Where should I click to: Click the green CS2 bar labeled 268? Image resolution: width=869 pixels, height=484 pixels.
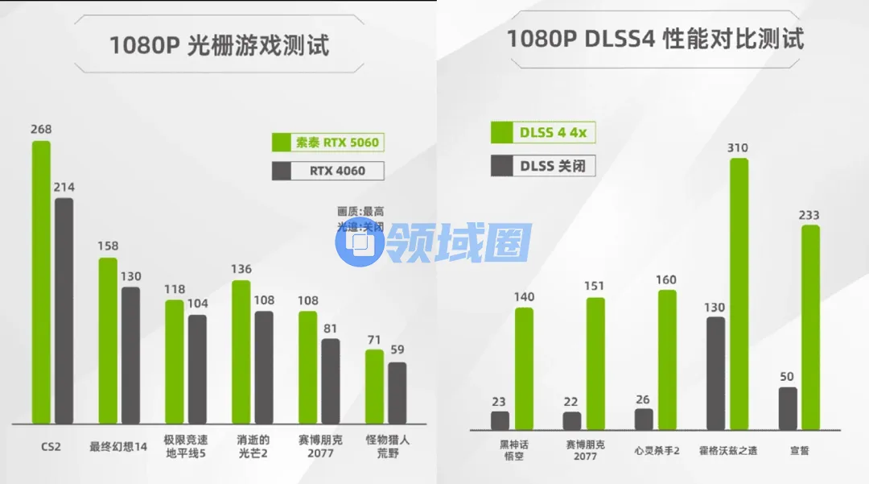pyautogui.click(x=41, y=282)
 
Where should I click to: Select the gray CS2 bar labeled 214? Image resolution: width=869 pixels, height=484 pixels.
pyautogui.click(x=64, y=311)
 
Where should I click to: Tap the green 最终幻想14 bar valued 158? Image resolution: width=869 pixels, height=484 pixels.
pyautogui.click(x=108, y=341)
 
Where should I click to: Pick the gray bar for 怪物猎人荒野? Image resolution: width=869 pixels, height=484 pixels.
pyautogui.click(x=397, y=393)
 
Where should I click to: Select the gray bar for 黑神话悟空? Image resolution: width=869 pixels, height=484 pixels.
pyautogui.click(x=500, y=420)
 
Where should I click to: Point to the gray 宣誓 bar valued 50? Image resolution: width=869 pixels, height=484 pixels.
pyautogui.click(x=788, y=408)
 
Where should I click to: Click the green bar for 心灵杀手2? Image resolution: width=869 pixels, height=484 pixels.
pyautogui.click(x=667, y=359)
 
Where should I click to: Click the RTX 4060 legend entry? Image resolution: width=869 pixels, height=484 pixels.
pyautogui.click(x=327, y=171)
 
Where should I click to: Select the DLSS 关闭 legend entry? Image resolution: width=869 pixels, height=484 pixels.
pyautogui.click(x=543, y=166)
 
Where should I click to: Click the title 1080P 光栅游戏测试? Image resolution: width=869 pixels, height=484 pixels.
pyautogui.click(x=220, y=44)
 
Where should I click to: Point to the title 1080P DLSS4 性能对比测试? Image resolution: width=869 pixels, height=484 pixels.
pyautogui.click(x=655, y=38)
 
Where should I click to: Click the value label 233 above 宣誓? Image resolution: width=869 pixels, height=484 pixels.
pyautogui.click(x=809, y=215)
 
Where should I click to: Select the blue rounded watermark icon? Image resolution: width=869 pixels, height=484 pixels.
pyautogui.click(x=360, y=242)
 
